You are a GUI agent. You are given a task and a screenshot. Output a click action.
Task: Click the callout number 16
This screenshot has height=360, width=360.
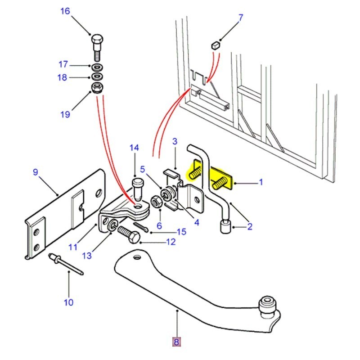65,11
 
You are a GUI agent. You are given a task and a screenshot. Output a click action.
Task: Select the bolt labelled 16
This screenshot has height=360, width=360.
97,47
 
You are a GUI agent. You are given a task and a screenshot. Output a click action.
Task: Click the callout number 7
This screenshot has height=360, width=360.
240,18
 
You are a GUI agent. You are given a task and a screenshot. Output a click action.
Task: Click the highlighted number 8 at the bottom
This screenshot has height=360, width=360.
176,342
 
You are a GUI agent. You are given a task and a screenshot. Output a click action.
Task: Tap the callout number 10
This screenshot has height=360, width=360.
68,302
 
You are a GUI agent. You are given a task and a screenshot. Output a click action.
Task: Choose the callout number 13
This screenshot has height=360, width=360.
87,256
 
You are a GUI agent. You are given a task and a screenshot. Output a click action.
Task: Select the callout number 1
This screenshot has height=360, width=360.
260,183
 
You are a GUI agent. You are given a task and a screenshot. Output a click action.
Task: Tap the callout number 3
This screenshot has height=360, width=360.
175,142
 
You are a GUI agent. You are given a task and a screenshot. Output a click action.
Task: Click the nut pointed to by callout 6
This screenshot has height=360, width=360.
156,202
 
